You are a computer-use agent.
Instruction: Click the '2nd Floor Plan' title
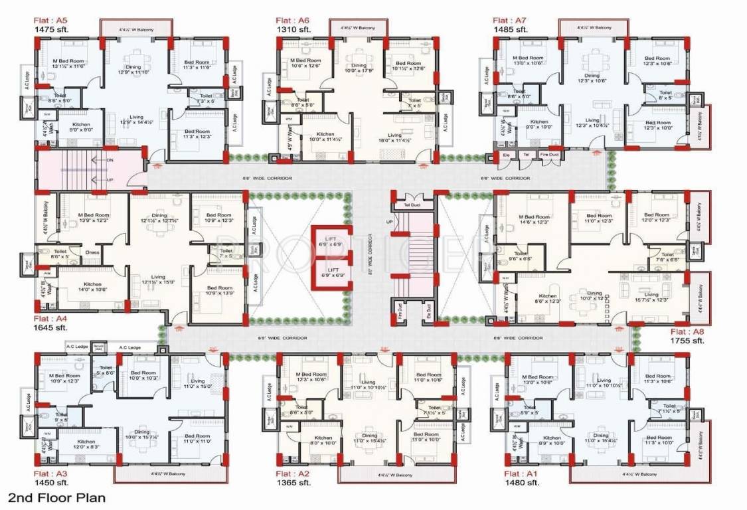[56, 497]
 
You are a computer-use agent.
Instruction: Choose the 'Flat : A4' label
[50, 319]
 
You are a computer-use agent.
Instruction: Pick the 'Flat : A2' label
[293, 473]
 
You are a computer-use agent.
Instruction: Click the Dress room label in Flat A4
[92, 252]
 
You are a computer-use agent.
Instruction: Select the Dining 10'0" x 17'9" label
[359, 68]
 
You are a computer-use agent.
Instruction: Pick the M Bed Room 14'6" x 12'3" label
[535, 220]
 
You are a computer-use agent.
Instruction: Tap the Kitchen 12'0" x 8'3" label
[86, 444]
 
